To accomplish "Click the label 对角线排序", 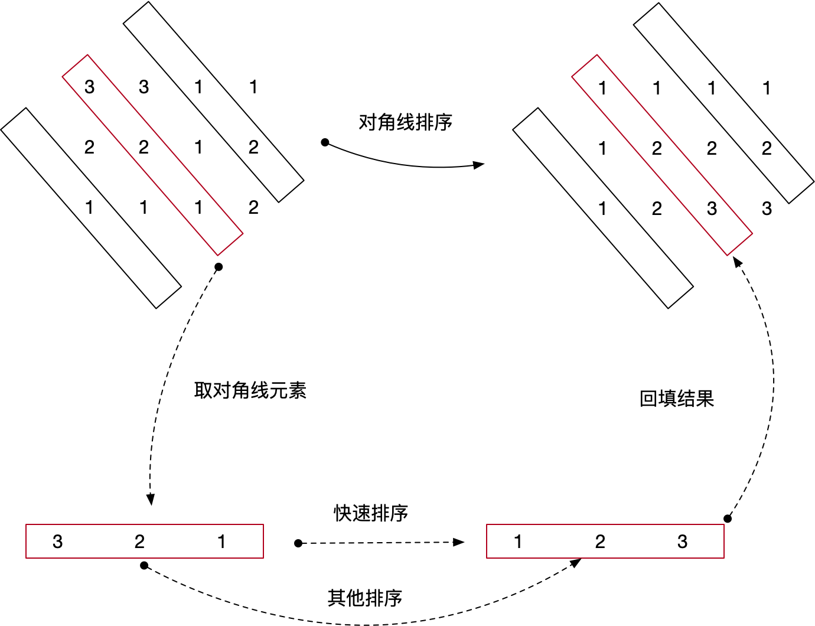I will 405,122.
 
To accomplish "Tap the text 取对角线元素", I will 250,390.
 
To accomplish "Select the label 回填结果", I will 676,399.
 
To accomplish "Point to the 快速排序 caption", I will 371,513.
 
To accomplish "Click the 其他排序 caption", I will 364,598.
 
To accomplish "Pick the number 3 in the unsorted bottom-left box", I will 57,542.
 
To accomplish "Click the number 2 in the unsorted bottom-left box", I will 139,542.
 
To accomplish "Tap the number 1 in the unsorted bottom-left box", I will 221,542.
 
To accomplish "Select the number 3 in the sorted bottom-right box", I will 682,542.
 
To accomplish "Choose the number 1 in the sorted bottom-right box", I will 518,542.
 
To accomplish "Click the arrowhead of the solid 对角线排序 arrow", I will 479,165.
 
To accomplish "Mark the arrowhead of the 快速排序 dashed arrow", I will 459,542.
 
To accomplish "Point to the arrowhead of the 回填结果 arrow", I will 737,262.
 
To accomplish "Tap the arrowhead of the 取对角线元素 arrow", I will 151,500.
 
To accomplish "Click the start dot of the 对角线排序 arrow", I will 325,142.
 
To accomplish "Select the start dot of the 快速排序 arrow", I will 298,543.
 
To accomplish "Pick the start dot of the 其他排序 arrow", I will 144,566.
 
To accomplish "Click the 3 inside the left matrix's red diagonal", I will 89,87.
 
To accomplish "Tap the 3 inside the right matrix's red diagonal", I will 712,208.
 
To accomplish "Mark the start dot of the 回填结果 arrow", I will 728,519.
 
